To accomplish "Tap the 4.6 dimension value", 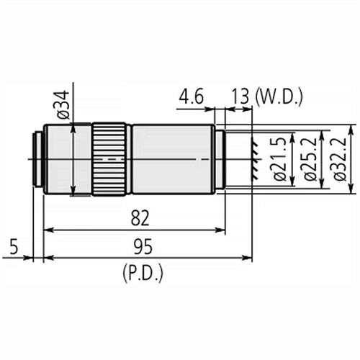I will coord(192,96).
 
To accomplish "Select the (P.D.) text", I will coord(143,273).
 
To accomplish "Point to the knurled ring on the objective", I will coord(109,159).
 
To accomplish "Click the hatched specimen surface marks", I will coord(253,160).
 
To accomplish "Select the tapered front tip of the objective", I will coord(220,159).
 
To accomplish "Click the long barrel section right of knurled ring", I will coord(171,159).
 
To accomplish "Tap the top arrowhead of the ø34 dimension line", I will coord(73,127).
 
